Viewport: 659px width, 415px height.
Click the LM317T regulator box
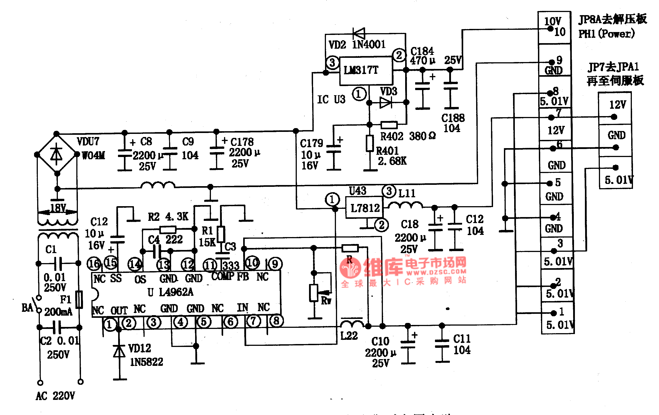[x=366, y=71]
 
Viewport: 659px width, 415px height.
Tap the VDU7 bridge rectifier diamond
[x=57, y=155]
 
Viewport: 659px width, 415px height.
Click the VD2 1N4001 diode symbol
[x=359, y=33]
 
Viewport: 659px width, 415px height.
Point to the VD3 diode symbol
[x=386, y=103]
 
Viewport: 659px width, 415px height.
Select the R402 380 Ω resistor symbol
[x=389, y=125]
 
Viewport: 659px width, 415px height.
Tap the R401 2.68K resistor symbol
[x=370, y=143]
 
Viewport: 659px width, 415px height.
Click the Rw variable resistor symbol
[x=314, y=293]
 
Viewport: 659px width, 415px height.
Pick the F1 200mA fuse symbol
[x=79, y=300]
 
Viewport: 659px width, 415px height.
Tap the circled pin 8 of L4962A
[x=276, y=321]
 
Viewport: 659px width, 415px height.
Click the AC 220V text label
[x=55, y=396]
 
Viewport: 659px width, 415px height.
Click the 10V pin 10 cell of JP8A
[x=554, y=27]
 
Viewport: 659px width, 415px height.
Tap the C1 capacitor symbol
[x=58, y=264]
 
